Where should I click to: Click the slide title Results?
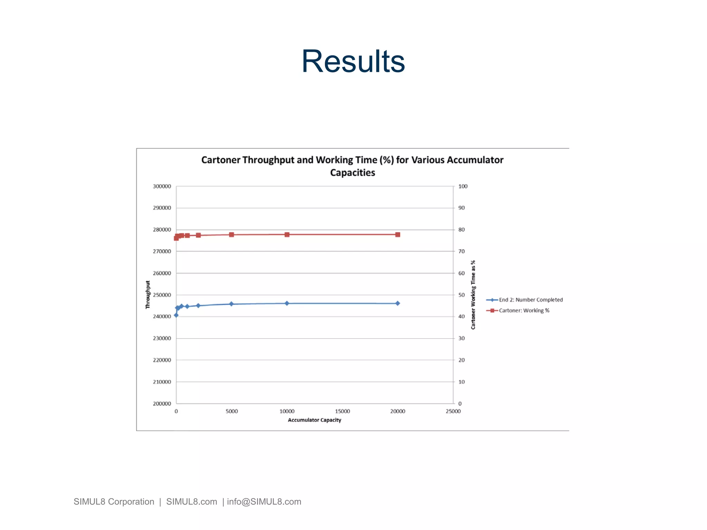pyautogui.click(x=353, y=61)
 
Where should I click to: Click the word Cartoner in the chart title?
pyautogui.click(x=221, y=160)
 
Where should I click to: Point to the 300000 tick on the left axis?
pyautogui.click(x=162, y=186)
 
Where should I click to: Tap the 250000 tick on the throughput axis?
pyautogui.click(x=162, y=295)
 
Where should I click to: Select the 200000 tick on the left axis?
pyautogui.click(x=162, y=404)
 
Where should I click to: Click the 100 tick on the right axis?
pyautogui.click(x=463, y=186)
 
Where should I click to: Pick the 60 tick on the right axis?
pyautogui.click(x=462, y=273)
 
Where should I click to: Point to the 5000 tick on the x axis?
pyautogui.click(x=232, y=411)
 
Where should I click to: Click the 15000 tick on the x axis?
pyautogui.click(x=342, y=411)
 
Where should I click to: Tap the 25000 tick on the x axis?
pyautogui.click(x=453, y=411)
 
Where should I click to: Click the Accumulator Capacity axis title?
pyautogui.click(x=314, y=420)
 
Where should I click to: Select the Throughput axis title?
pyautogui.click(x=148, y=294)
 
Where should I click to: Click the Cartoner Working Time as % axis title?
pyautogui.click(x=473, y=295)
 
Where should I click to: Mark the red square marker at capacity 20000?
pyautogui.click(x=398, y=235)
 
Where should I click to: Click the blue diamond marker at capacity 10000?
pyautogui.click(x=287, y=303)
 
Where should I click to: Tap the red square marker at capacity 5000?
pyautogui.click(x=232, y=235)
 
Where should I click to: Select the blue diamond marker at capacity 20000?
pyautogui.click(x=398, y=303)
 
